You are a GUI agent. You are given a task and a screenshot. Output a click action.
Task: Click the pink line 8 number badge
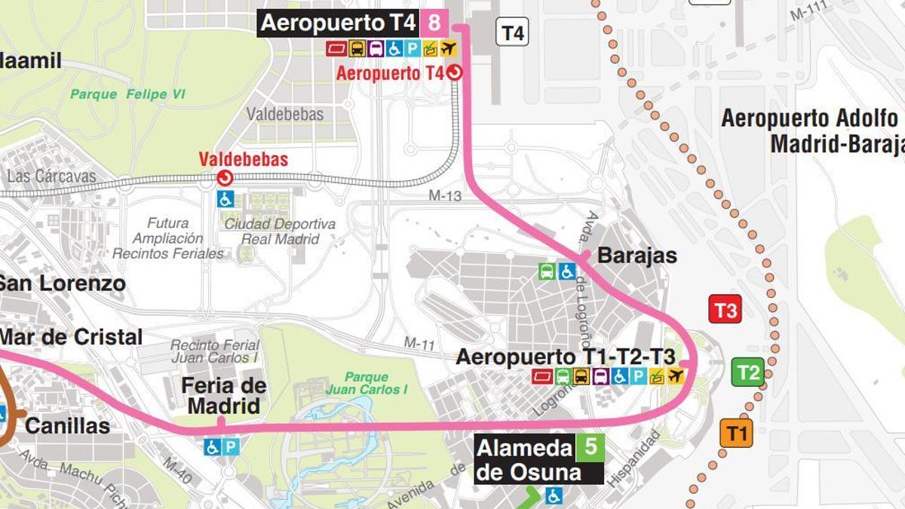click(x=434, y=23)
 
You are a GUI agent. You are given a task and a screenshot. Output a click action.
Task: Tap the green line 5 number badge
click(x=591, y=447)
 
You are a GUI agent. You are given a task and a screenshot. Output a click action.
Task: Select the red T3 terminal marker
click(x=725, y=310)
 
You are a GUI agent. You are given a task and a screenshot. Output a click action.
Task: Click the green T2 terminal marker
click(x=748, y=372)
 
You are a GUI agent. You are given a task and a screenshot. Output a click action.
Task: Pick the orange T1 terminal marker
click(x=736, y=434)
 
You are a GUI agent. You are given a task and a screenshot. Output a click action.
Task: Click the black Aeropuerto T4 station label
click(x=338, y=23)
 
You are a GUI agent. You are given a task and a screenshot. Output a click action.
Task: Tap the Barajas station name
click(x=637, y=256)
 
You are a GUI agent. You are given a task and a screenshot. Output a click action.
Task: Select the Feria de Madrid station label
click(x=223, y=396)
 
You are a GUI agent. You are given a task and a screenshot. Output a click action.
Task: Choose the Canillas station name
click(x=68, y=426)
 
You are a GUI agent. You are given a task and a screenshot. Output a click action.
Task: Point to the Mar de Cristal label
click(x=71, y=337)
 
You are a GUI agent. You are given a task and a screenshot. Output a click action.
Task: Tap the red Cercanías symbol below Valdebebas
click(x=225, y=178)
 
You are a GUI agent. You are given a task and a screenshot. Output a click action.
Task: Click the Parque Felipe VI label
click(x=127, y=94)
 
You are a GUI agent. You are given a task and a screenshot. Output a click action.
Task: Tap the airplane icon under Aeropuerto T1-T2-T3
click(x=675, y=376)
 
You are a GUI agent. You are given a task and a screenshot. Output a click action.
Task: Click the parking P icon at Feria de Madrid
click(x=231, y=447)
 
